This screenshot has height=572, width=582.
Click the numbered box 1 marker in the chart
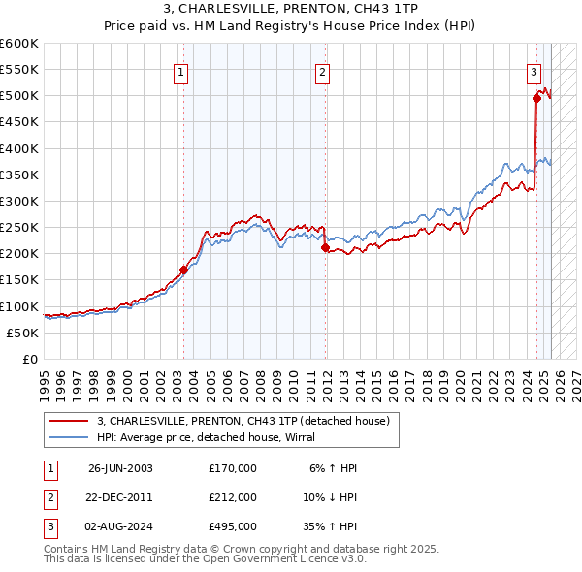pos(182,70)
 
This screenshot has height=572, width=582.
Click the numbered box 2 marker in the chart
pos(322,70)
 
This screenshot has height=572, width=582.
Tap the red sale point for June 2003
pos(183,270)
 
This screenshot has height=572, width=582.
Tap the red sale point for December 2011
pos(325,247)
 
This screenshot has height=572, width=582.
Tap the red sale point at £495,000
pos(536,98)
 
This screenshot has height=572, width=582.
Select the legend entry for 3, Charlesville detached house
pos(242,421)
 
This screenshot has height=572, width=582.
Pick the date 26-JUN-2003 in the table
pos(120,468)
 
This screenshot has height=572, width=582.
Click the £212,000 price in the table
pos(233,497)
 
